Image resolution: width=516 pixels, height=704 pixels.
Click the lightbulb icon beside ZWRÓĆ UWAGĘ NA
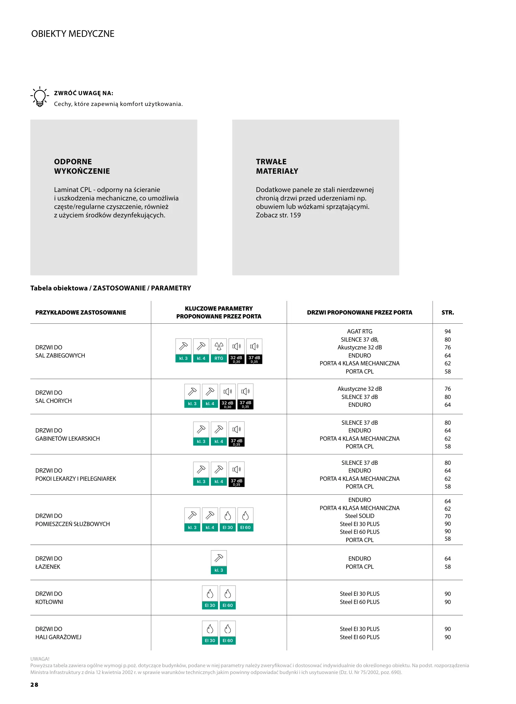coord(39,97)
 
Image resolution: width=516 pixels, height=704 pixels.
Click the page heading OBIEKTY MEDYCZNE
coord(73,34)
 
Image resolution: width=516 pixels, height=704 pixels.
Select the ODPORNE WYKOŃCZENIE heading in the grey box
coord(82,166)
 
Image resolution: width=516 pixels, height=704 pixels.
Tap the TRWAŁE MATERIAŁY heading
coord(277,166)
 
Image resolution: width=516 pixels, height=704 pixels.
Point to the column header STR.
coord(448,313)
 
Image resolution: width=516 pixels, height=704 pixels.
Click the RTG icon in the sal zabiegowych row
coord(219,351)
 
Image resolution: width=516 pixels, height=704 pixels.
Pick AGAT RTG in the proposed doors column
coord(360,331)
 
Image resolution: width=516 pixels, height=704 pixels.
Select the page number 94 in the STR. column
coord(448,331)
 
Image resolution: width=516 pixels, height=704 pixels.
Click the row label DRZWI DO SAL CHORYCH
coord(53,397)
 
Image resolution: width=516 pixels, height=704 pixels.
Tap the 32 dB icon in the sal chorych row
coord(228,396)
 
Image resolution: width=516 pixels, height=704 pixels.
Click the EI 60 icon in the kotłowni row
coord(228,597)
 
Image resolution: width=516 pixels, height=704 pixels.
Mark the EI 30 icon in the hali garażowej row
coord(210,633)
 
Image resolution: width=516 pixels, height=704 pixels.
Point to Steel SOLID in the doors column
coord(360,516)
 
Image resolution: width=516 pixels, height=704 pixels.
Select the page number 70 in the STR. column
coord(448,516)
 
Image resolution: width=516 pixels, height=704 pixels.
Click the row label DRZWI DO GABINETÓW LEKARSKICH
coord(67,434)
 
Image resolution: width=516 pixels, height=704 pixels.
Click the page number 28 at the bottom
coord(34,685)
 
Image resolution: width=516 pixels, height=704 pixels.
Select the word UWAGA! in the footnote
coord(40,659)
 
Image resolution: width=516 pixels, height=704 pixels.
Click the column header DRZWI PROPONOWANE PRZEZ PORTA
coord(360,313)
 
